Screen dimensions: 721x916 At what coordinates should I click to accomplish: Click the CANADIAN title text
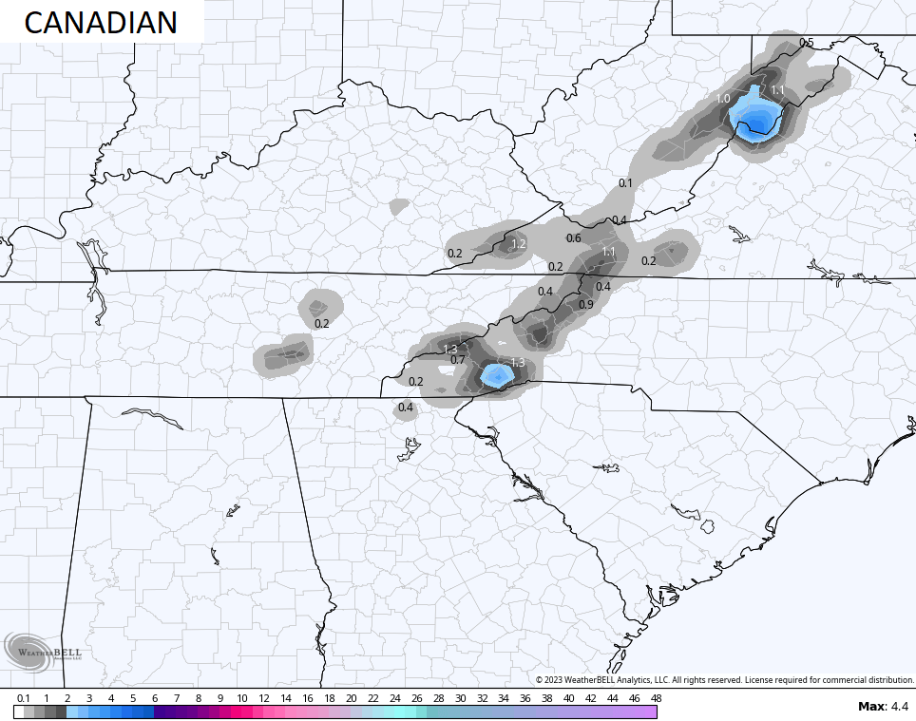coord(100,22)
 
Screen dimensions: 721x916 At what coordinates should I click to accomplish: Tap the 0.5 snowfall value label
coord(806,43)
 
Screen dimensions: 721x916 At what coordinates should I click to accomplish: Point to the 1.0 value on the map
coord(723,99)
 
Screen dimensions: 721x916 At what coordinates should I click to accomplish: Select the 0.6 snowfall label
coord(573,238)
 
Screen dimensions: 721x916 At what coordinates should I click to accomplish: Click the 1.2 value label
coord(519,244)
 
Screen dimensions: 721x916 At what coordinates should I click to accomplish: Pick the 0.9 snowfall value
coord(585,304)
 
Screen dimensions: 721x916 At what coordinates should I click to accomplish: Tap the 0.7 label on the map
coord(457,359)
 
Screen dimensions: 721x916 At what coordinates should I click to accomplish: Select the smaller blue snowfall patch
coord(495,375)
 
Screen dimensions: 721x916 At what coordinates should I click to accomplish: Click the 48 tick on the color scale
coord(656,698)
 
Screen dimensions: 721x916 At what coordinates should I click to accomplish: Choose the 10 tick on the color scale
coord(242,698)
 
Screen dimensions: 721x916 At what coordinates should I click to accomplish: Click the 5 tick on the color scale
coord(133,698)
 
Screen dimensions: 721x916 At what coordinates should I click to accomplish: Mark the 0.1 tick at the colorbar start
coord(22,698)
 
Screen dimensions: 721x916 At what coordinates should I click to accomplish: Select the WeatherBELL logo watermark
coord(44,651)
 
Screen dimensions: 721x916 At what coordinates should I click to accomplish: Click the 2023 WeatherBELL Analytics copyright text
coord(724,679)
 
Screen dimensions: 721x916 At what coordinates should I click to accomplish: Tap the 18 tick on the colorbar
coord(330,698)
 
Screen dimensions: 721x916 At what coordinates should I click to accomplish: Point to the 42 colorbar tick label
coord(590,698)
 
